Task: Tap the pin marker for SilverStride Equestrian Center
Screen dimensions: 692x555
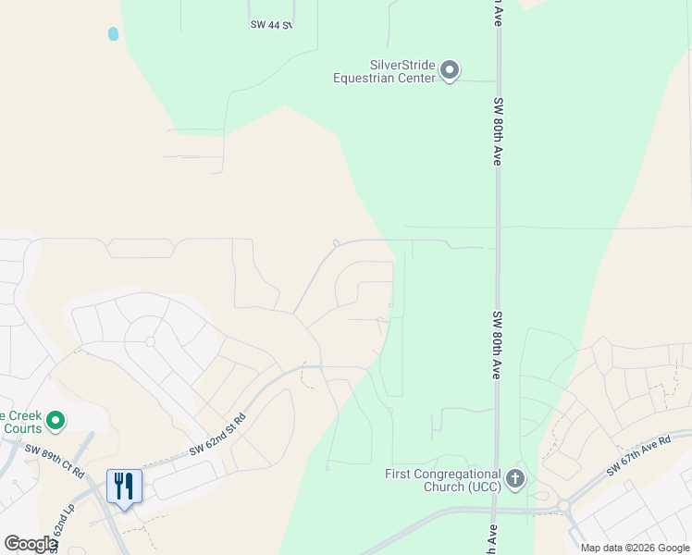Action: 450,70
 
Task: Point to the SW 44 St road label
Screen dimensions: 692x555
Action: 271,25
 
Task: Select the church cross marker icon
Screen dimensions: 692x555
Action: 515,479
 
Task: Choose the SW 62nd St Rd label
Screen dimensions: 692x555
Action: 218,435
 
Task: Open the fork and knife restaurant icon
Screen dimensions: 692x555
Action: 124,486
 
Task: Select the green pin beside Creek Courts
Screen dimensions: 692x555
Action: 56,422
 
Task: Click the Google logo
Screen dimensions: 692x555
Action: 31,544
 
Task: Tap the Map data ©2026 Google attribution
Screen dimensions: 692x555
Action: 635,548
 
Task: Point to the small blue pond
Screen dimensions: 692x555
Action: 113,34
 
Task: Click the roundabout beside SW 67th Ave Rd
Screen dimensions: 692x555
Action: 562,506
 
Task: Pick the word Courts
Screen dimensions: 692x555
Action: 19,428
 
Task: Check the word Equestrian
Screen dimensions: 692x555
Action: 373,78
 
